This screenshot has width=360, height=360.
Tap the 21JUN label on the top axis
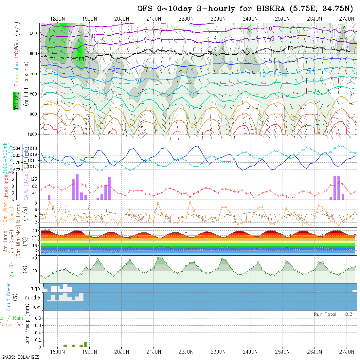tap(153, 19)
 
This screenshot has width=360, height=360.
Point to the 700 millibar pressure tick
tap(34, 74)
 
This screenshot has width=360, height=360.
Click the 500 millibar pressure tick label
tap(34, 33)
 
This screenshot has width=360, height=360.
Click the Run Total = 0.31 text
tap(334, 314)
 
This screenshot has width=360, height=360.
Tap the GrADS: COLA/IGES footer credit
tap(20, 357)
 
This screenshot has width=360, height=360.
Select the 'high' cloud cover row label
tap(35, 288)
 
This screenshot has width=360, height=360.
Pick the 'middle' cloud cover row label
tap(33, 298)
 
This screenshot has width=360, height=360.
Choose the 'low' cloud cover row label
tap(36, 307)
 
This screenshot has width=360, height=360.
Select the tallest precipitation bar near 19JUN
tap(85, 344)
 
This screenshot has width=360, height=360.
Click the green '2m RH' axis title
tap(12, 270)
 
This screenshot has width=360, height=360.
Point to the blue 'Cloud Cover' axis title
tap(9, 297)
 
